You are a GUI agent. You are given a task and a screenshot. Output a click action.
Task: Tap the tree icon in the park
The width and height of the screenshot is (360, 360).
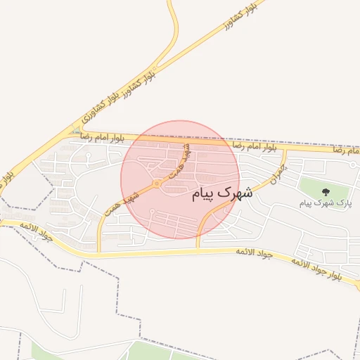325,191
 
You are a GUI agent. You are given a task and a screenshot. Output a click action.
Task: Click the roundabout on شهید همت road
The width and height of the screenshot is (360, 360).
156,184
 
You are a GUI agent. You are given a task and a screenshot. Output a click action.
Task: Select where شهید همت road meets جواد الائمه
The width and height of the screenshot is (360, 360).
99,250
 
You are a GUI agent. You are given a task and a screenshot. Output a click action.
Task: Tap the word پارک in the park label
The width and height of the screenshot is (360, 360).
344,203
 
